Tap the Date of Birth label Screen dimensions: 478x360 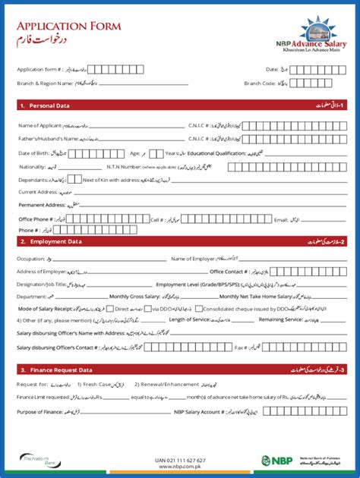34,153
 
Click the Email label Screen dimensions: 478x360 281,219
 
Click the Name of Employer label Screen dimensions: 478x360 192,259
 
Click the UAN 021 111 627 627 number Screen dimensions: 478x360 180,460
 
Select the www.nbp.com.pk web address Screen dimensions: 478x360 180,467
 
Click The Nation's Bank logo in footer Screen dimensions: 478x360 36,460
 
